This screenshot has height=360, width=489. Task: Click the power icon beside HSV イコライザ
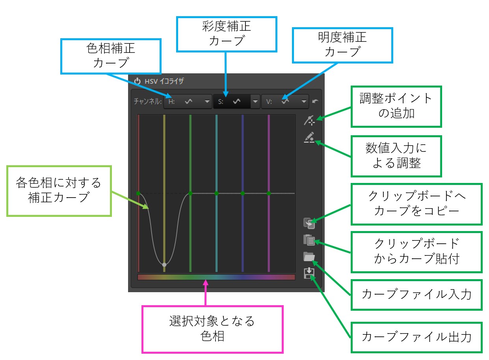pyautogui.click(x=137, y=81)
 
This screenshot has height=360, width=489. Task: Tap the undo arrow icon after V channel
pyautogui.click(x=315, y=101)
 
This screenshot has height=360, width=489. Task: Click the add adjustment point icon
pyautogui.click(x=309, y=120)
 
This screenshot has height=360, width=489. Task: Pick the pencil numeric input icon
pyautogui.click(x=309, y=137)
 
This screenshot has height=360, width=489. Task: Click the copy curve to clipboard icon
pyautogui.click(x=309, y=223)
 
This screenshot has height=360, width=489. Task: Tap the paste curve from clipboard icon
pyautogui.click(x=309, y=240)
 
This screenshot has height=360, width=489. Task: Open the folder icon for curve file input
pyautogui.click(x=309, y=257)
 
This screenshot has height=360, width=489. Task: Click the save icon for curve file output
pyautogui.click(x=309, y=273)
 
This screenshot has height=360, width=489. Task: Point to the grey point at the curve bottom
pyautogui.click(x=164, y=265)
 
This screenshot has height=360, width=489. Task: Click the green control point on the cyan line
pyautogui.click(x=217, y=193)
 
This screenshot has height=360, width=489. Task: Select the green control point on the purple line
pyautogui.click(x=269, y=193)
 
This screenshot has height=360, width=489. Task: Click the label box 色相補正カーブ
pyautogui.click(x=111, y=56)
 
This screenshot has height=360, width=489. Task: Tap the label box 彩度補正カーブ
pyautogui.click(x=227, y=34)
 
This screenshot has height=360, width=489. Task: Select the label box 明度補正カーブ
pyautogui.click(x=342, y=45)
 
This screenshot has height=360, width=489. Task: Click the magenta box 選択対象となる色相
pyautogui.click(x=212, y=329)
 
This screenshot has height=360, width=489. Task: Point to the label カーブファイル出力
pyautogui.click(x=416, y=337)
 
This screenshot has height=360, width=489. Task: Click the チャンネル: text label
pyautogui.click(x=148, y=101)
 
